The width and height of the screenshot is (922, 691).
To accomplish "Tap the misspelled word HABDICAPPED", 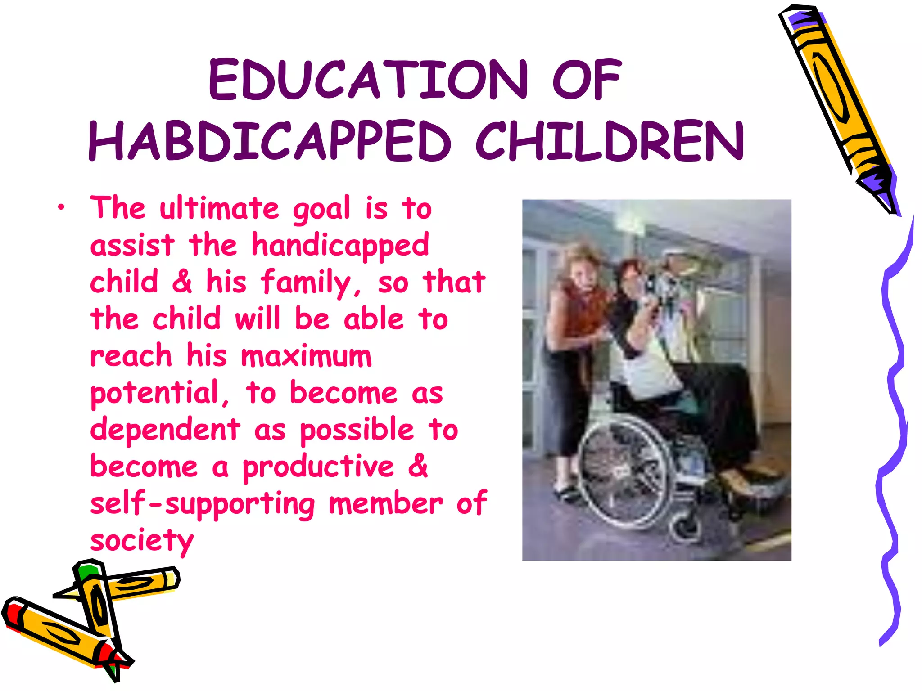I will point(269,141).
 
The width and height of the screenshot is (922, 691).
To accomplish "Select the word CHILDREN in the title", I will point(610,141).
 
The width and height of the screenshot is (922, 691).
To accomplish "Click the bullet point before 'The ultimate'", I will point(61,208).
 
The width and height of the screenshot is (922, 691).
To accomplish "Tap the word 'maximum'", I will point(306,356).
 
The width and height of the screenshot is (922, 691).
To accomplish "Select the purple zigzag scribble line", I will point(894,405).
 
